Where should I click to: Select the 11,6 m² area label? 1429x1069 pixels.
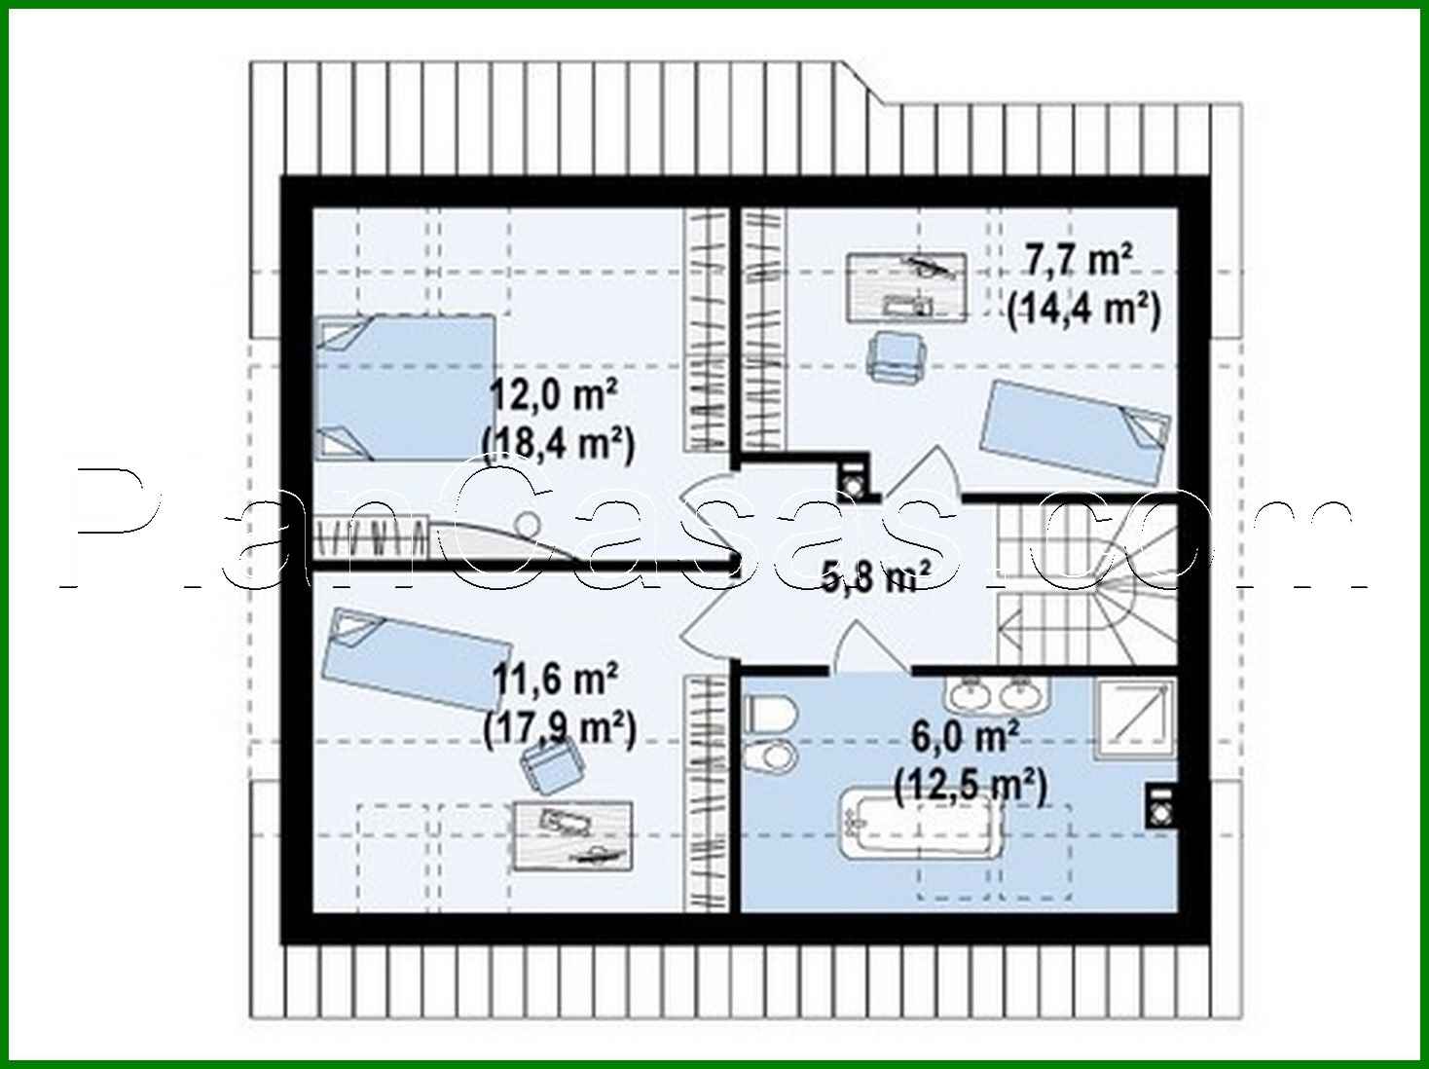pos(555,680)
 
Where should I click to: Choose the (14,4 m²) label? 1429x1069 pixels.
pos(1083,309)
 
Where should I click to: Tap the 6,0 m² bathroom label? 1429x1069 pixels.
pos(965,737)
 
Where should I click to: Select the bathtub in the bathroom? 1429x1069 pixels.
pos(920,824)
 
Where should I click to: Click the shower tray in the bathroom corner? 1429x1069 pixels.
pos(1134,719)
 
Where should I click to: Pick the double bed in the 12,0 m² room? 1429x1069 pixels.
pos(404,387)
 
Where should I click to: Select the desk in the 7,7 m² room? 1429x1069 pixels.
pos(905,285)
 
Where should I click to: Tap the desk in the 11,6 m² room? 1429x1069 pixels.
pos(572,835)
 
